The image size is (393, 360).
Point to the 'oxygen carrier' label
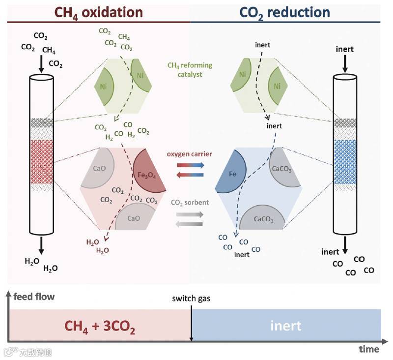(189, 154)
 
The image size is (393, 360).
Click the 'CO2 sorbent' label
(189, 202)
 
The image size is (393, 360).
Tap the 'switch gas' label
(190, 299)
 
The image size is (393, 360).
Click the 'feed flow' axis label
(34, 297)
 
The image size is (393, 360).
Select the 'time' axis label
(368, 349)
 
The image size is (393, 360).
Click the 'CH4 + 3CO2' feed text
(101, 326)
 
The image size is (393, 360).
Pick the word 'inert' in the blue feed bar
(286, 326)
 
